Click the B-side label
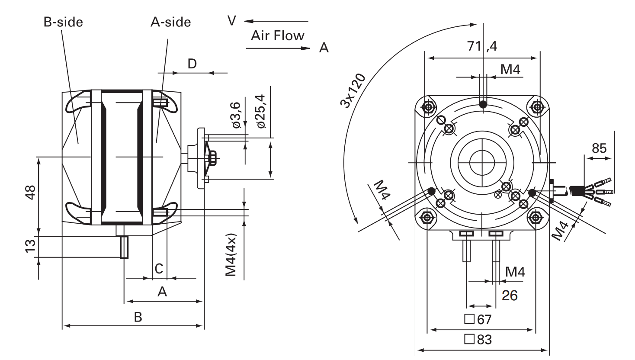pyautogui.click(x=63, y=22)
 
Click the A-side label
pyautogui.click(x=170, y=22)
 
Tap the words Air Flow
pyautogui.click(x=277, y=35)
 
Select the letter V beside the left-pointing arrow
pyautogui.click(x=232, y=20)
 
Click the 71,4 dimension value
pyautogui.click(x=482, y=46)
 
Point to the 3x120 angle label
pyautogui.click(x=353, y=91)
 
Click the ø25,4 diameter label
pyautogui.click(x=261, y=111)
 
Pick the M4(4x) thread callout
pyautogui.click(x=231, y=255)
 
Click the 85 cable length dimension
pyautogui.click(x=599, y=148)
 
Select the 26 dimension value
pyautogui.click(x=510, y=296)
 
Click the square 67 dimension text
pyautogui.click(x=478, y=319)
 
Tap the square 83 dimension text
pyautogui.click(x=478, y=340)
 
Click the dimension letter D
pyautogui.click(x=192, y=64)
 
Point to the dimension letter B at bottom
pyautogui.click(x=138, y=317)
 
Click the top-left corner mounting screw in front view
pyautogui.click(x=429, y=106)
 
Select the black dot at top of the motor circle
pyautogui.click(x=483, y=104)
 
